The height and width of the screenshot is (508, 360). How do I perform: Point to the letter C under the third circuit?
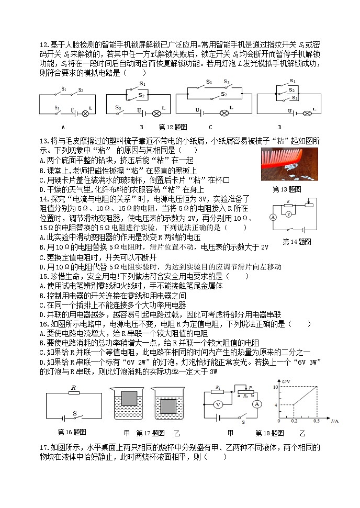tap(210, 127)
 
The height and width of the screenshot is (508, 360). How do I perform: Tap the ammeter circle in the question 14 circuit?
tap(274, 217)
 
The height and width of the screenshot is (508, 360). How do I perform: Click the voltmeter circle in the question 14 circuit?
tap(288, 213)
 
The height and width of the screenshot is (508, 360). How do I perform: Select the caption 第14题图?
tap(297, 241)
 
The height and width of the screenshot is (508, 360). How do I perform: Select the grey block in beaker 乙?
tap(168, 406)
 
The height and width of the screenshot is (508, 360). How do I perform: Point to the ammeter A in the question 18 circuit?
tap(257, 404)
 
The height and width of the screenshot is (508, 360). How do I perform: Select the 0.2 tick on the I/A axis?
tap(293, 422)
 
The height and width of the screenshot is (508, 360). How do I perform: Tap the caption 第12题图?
tap(173, 127)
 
